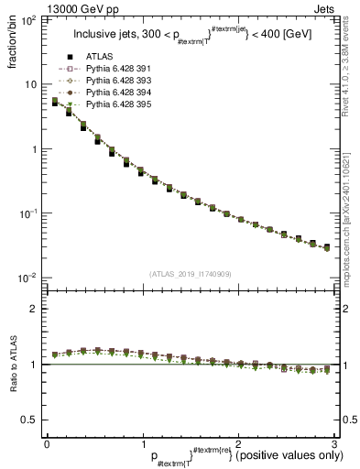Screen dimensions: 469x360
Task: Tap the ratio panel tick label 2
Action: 33,309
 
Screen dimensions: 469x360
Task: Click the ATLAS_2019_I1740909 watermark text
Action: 189,274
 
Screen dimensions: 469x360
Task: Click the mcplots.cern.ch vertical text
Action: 352,213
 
